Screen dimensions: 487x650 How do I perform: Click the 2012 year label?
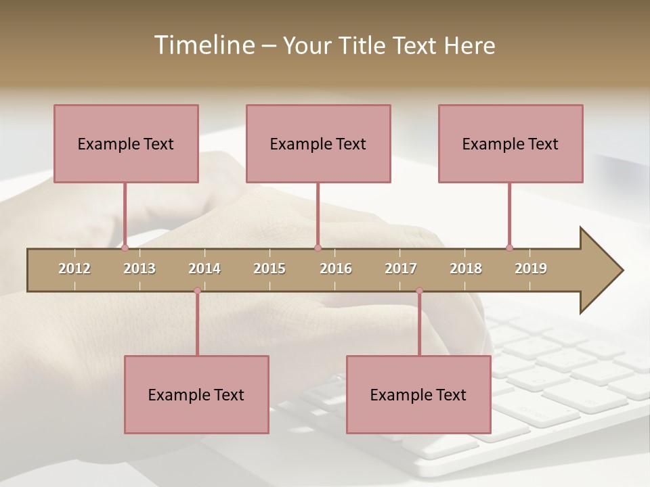tap(74, 269)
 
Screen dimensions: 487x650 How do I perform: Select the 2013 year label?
tap(139, 269)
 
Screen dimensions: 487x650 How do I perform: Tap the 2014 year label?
tap(204, 269)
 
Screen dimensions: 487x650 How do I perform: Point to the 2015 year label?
tap(269, 269)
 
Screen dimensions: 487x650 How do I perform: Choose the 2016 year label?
tap(336, 269)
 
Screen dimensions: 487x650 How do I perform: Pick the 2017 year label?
tap(401, 269)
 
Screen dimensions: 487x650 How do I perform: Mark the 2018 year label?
tap(466, 269)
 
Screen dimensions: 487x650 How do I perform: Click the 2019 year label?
tap(531, 269)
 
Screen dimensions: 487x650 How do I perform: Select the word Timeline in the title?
tap(203, 45)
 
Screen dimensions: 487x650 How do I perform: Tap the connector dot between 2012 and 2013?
tap(125, 248)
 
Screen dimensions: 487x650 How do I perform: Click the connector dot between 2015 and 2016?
tap(318, 248)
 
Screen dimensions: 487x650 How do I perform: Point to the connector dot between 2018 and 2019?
tap(509, 248)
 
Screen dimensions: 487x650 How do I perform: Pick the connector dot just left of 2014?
tap(197, 291)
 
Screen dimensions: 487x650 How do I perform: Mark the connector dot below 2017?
tap(419, 291)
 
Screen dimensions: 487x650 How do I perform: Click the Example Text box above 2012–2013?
tap(126, 143)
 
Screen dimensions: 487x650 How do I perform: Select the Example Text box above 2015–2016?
tap(318, 143)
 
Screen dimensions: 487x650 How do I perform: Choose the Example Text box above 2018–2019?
tap(511, 143)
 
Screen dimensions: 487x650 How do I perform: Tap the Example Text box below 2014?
tap(196, 394)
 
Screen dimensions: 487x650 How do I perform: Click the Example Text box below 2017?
tap(418, 394)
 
